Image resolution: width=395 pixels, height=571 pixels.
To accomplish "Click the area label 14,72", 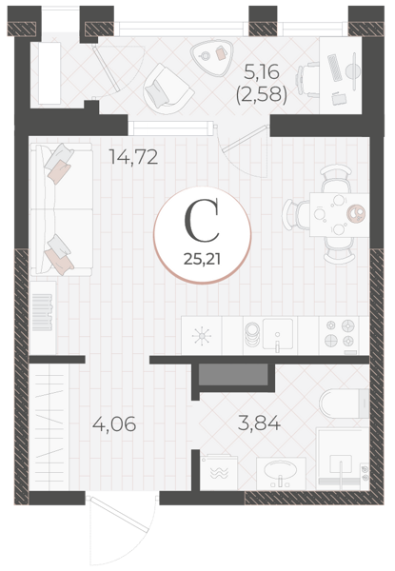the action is tap(133, 157).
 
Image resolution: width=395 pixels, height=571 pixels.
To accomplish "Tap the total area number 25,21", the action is tap(203, 259).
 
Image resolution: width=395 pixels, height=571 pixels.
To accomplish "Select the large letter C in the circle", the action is tap(202, 220).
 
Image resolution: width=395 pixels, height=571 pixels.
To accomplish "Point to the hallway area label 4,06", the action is tap(114, 424).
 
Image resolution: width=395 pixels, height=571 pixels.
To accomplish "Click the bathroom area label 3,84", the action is tap(259, 423).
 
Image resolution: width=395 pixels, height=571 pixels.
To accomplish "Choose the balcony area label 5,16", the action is tap(262, 71).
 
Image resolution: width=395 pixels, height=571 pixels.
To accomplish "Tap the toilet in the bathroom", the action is tap(345, 404).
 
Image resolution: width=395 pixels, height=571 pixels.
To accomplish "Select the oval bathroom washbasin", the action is tap(281, 472).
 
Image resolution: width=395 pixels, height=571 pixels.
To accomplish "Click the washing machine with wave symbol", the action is tap(219, 472).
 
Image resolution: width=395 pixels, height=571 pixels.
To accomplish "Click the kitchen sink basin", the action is tap(278, 334).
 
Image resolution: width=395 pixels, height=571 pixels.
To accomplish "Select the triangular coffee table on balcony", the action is tap(211, 58).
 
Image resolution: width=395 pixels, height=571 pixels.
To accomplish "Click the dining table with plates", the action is tap(339, 214).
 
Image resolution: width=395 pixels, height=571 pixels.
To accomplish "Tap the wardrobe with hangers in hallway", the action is tap(49, 426).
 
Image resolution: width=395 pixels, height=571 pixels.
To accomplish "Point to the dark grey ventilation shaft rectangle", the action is tap(233, 374).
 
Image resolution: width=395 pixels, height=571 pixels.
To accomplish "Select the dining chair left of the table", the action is tap(296, 214).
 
